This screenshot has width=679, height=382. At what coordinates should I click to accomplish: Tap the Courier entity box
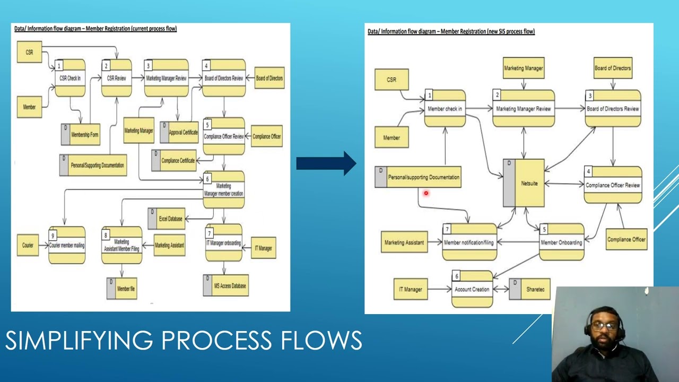point(28,245)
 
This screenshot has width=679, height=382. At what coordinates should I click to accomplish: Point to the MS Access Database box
point(225,285)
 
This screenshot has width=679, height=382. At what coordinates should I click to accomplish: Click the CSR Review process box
point(117,78)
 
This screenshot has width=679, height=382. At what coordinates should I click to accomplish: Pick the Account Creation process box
point(472,289)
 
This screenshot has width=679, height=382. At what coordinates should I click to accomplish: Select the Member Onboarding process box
point(561,242)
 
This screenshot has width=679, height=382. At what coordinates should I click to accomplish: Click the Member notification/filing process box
point(469,242)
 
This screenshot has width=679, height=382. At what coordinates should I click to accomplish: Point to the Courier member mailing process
point(67,245)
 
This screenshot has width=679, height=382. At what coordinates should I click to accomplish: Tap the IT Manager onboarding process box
point(223,243)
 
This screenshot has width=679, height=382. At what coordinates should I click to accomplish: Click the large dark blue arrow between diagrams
point(326,163)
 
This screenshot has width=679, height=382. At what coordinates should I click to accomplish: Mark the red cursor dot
point(425,194)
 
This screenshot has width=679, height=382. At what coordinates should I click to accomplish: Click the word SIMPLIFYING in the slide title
point(80,340)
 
